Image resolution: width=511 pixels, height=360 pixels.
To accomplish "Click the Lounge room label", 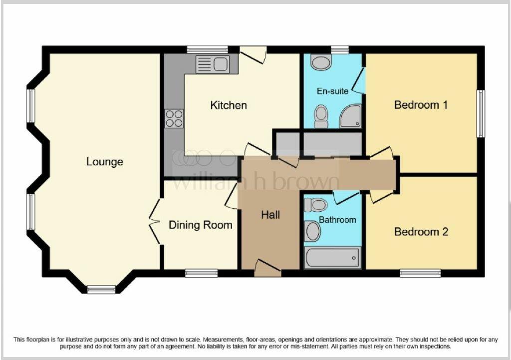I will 105,162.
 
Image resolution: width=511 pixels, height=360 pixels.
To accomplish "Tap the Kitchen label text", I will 229,105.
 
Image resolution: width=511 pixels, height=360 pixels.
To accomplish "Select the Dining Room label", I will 200,225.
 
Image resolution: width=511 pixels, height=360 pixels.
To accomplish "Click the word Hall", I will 270,215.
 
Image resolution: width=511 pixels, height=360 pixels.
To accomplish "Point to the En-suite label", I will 333,91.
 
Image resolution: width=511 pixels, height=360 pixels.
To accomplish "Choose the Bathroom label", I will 338,220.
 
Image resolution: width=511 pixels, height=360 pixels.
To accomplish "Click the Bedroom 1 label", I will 421,105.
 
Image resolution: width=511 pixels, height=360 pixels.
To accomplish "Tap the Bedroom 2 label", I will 421,232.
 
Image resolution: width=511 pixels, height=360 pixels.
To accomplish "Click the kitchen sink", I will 213,64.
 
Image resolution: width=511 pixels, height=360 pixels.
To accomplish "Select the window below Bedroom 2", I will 420,273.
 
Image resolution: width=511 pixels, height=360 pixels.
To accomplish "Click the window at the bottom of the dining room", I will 202,273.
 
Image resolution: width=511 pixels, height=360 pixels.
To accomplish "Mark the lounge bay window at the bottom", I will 101,289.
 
